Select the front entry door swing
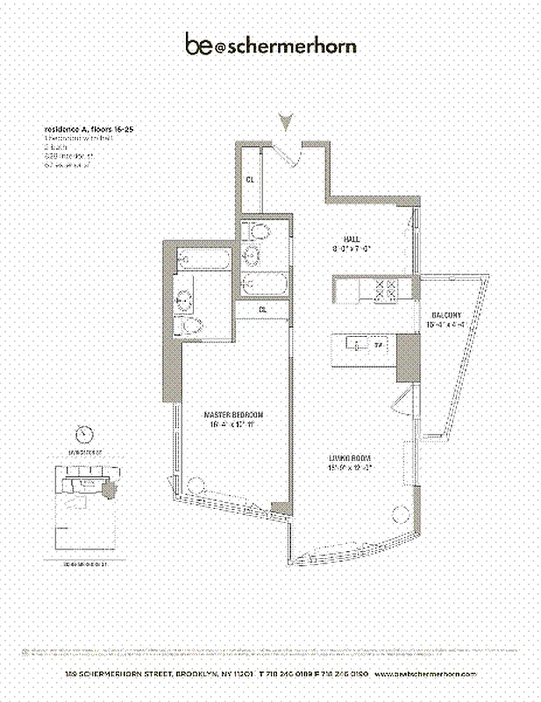tap(292, 154)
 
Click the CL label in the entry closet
tap(250, 180)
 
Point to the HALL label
tap(352, 238)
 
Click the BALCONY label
tap(446, 315)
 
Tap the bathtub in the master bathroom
tap(198, 260)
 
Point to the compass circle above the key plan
tap(84, 433)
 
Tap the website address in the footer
tap(424, 673)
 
